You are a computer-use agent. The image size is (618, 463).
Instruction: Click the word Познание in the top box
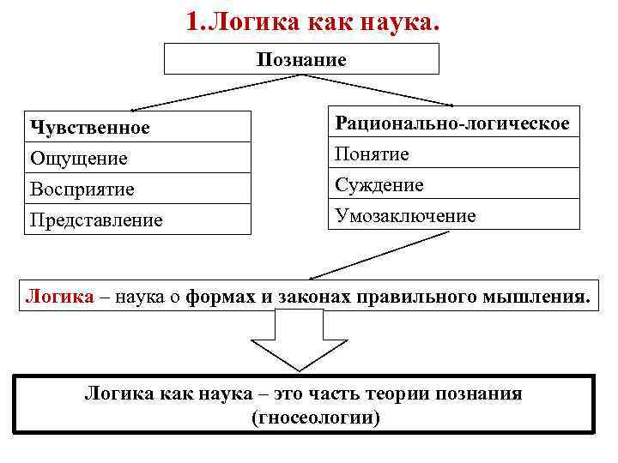click(300, 59)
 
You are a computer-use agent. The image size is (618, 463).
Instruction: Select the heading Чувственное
click(89, 128)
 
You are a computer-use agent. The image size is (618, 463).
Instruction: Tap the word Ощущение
click(78, 158)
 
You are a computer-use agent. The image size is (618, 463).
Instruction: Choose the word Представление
click(96, 219)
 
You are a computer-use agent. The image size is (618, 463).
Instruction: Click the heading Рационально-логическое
click(452, 123)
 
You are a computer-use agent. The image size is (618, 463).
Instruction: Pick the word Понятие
click(372, 154)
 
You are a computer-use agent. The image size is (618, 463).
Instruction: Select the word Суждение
click(379, 185)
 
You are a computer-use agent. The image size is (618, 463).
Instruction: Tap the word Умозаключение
click(405, 216)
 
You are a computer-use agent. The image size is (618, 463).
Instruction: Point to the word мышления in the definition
click(540, 297)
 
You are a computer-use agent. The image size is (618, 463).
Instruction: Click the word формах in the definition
click(213, 297)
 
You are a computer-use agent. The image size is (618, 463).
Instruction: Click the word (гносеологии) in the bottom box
click(315, 418)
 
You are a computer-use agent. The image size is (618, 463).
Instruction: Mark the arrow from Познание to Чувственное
click(215, 92)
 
